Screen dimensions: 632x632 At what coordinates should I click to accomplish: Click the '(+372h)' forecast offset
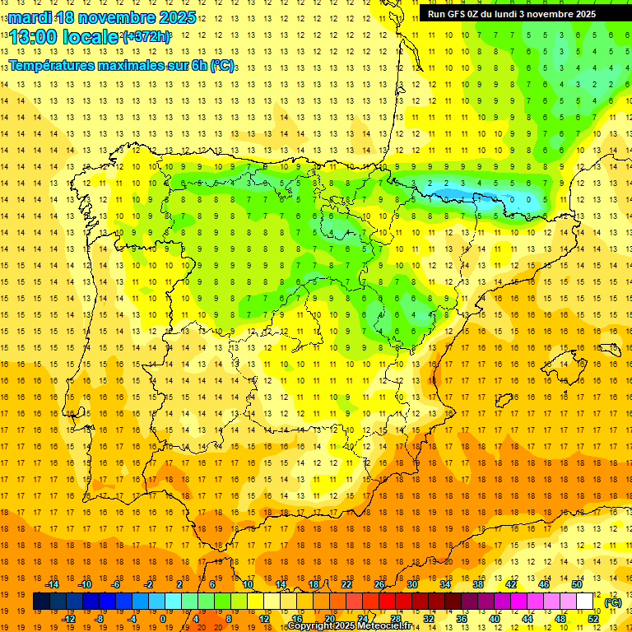(x=146, y=37)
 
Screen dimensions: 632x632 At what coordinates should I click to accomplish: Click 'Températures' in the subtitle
(x=48, y=65)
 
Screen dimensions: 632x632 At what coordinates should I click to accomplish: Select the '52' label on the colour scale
(x=593, y=619)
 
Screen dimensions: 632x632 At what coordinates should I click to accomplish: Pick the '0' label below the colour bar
(x=162, y=619)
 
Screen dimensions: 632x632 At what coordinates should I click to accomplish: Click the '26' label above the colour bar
(x=379, y=584)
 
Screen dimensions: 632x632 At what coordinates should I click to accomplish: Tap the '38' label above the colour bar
(x=478, y=584)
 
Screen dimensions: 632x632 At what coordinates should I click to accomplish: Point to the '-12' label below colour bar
(x=68, y=619)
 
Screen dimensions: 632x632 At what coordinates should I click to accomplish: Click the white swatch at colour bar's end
(x=584, y=602)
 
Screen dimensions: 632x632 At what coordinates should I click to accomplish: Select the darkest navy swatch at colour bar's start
(x=41, y=602)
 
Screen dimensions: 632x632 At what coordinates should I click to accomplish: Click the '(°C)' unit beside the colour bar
(x=613, y=602)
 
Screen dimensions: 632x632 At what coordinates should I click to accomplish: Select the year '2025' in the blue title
(x=176, y=17)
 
